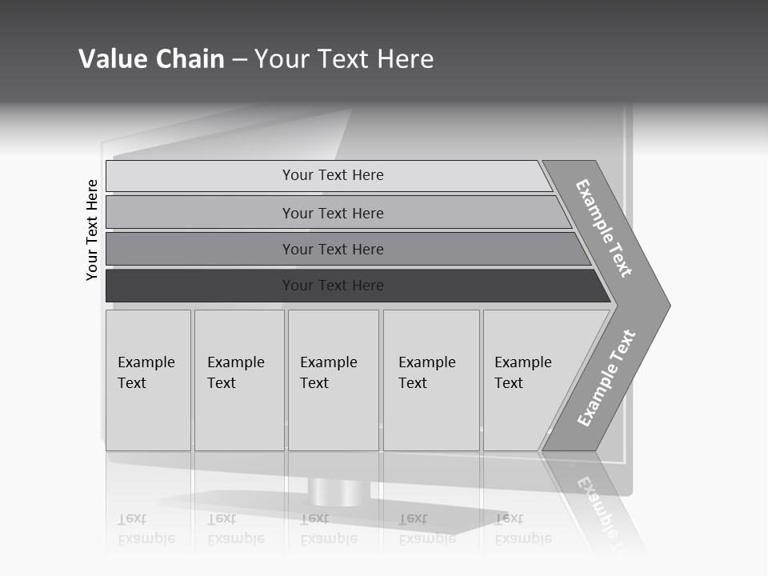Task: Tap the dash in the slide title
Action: tap(239, 60)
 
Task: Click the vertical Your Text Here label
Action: tap(92, 230)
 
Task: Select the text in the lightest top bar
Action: tap(333, 175)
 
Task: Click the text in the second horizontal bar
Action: tap(333, 214)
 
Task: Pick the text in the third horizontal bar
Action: tap(333, 250)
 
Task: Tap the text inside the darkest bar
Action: tap(333, 286)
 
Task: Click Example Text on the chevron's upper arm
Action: tap(604, 228)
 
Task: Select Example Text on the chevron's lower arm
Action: tap(606, 378)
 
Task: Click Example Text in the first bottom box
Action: tap(146, 373)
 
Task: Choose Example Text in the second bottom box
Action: tap(235, 373)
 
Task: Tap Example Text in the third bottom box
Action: tap(328, 373)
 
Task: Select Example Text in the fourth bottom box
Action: tap(426, 373)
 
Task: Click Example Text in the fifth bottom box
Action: tap(522, 373)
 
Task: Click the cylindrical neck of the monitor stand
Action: tap(334, 492)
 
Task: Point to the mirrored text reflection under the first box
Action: tap(146, 529)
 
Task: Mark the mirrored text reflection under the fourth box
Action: tap(426, 529)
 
